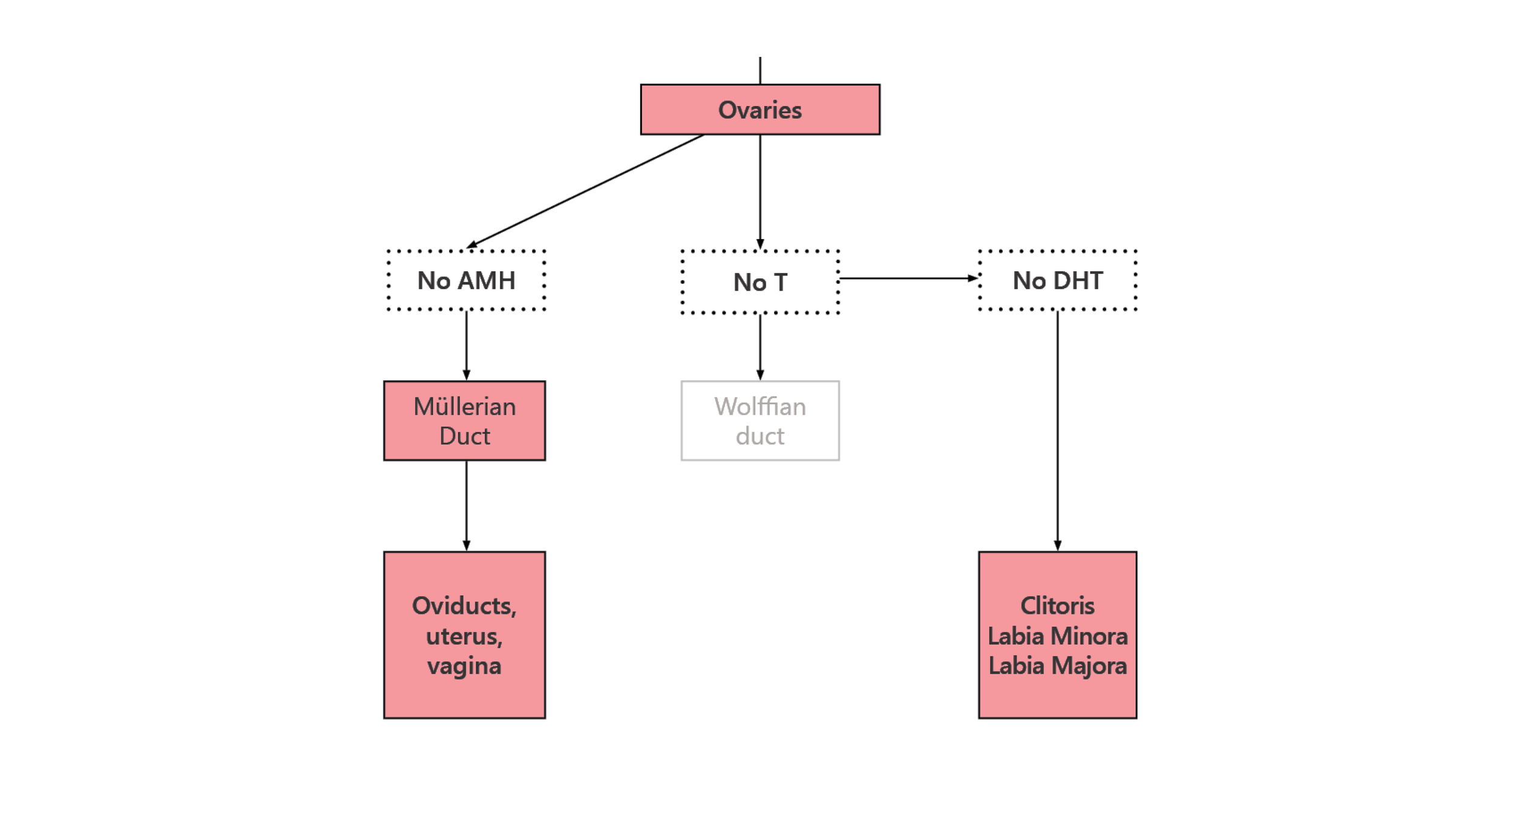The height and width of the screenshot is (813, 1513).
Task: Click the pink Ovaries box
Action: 760,110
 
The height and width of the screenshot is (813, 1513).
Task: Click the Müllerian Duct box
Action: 465,421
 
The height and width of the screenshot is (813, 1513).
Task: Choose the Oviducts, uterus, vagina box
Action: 465,635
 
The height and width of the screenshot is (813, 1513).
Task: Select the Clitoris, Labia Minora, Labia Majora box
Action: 1057,635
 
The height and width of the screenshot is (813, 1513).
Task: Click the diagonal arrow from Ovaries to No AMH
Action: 585,191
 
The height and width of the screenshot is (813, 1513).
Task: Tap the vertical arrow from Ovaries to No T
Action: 760,192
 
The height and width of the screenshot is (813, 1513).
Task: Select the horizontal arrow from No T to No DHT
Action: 909,278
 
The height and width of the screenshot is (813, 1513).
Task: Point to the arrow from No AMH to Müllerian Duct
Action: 466,346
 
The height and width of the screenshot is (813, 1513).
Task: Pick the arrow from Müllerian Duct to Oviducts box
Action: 466,506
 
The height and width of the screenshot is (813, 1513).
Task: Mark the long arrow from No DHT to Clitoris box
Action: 1057,431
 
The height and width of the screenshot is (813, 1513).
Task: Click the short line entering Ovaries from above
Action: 760,70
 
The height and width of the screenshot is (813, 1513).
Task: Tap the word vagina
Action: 464,667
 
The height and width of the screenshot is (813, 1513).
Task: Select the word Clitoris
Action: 1057,605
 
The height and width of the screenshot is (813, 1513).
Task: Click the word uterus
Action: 464,636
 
